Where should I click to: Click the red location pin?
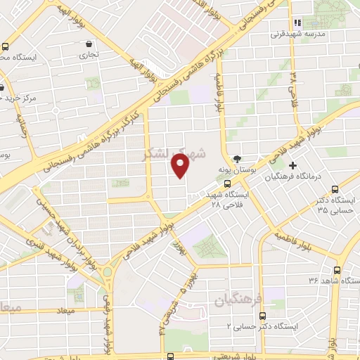(181, 165)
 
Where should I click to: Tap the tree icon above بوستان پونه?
(237, 159)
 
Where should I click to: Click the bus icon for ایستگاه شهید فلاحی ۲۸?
(226, 183)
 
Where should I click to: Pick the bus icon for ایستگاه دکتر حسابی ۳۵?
(335, 189)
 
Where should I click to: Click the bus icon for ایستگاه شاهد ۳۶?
(337, 269)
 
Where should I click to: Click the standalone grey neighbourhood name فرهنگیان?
(238, 300)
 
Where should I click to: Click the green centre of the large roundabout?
(107, 271)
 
